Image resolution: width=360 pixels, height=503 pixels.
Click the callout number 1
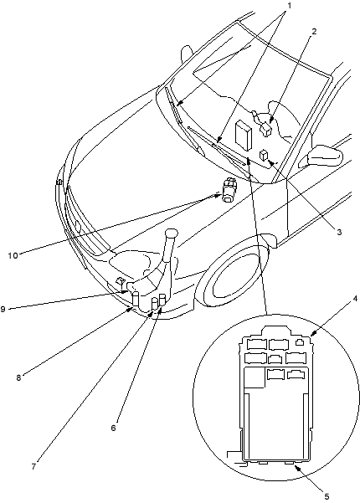(290, 6)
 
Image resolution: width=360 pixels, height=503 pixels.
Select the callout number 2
(314, 31)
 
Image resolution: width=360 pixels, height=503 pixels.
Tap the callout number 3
(339, 232)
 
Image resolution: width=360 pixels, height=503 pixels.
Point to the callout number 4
(355, 299)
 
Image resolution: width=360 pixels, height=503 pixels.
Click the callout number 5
(327, 496)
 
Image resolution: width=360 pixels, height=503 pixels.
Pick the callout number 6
(113, 428)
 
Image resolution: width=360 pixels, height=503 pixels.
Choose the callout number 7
(33, 466)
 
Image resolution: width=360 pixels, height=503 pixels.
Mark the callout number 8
(19, 377)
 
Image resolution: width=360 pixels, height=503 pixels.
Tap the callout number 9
(3, 309)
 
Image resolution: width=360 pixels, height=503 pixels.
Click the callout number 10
(13, 255)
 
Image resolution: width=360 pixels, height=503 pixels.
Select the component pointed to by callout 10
(229, 190)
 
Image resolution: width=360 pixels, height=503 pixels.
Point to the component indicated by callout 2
(265, 129)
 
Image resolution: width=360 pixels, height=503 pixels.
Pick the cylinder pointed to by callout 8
(136, 298)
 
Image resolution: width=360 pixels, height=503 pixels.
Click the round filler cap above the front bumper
(172, 233)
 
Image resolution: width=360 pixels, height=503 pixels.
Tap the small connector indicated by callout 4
(300, 342)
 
